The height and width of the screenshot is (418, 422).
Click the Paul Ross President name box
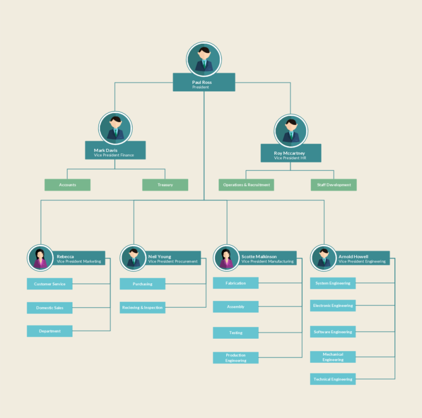204,82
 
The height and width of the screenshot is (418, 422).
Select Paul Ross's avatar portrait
204,59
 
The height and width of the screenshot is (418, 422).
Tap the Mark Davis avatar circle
116,128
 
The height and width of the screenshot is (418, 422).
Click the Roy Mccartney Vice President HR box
290,153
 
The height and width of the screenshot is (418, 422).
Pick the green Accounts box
67,185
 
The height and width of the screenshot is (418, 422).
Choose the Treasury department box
165,185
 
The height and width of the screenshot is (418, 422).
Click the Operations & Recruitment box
246,185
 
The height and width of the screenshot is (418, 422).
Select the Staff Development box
333,185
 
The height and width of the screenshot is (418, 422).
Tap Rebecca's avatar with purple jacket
40,257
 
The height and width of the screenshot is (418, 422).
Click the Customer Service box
49,284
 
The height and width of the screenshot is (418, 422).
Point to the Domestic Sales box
49,308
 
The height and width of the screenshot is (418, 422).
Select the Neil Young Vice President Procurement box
174,258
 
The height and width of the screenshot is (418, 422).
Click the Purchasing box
142,284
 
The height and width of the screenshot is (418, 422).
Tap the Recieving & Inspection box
142,308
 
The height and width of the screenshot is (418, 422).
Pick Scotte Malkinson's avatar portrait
226,257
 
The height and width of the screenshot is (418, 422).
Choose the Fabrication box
235,283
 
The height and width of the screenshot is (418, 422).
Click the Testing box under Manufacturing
235,333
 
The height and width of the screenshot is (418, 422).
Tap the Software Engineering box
333,332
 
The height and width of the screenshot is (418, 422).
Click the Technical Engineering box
333,379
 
